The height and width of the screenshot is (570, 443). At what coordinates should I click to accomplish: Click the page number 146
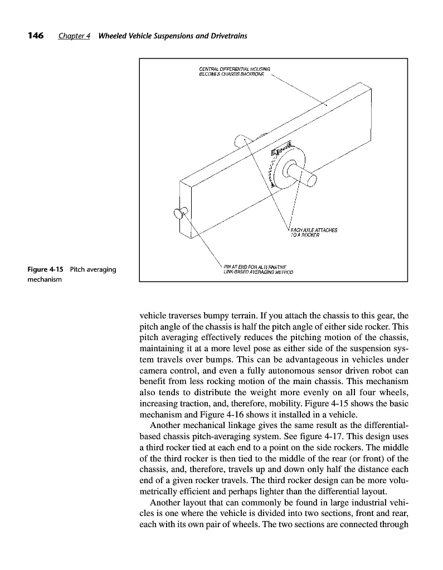tap(36, 36)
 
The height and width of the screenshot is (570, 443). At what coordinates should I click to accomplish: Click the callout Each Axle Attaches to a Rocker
tap(314, 232)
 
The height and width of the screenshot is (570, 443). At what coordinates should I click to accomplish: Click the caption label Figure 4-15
tap(46, 270)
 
